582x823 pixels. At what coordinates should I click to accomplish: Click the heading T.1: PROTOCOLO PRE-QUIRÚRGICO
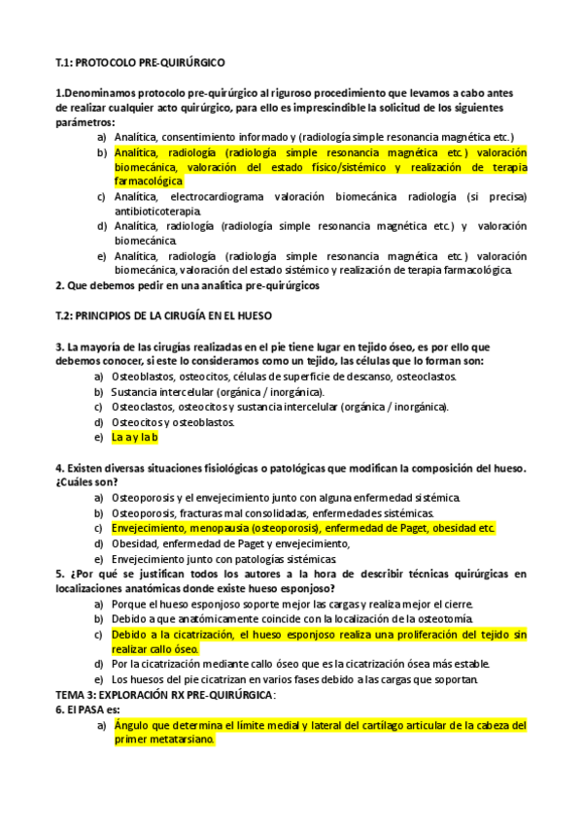140,63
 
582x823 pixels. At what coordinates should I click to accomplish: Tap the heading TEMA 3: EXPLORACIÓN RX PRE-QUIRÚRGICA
165,695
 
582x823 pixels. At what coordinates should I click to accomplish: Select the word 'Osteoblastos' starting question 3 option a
143,377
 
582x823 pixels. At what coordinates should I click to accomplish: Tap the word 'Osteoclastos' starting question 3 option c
143,407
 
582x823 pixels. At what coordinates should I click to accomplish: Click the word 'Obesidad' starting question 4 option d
136,543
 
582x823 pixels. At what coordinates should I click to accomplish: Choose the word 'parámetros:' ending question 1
86,123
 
